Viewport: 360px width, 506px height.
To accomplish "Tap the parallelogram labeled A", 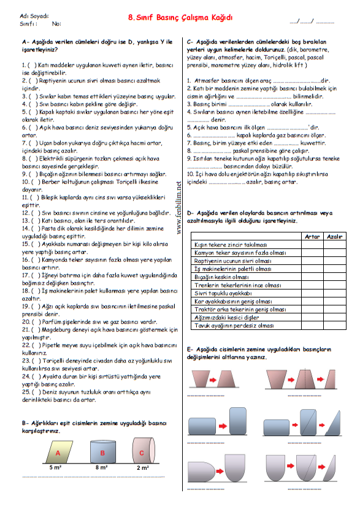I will [x=59, y=453].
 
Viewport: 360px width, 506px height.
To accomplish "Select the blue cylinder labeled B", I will [x=102, y=453].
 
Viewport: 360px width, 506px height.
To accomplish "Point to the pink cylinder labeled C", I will [x=142, y=453].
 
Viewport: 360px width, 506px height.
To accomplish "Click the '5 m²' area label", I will [x=55, y=467].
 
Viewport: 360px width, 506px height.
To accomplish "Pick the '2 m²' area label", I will [x=142, y=467].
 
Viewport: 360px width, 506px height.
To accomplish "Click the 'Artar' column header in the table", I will [x=311, y=236].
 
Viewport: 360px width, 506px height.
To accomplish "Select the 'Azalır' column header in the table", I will [x=334, y=236].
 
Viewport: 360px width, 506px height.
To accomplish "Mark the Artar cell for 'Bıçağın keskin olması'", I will [x=311, y=277].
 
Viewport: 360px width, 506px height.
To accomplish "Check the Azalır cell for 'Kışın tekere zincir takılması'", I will [x=334, y=244].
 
